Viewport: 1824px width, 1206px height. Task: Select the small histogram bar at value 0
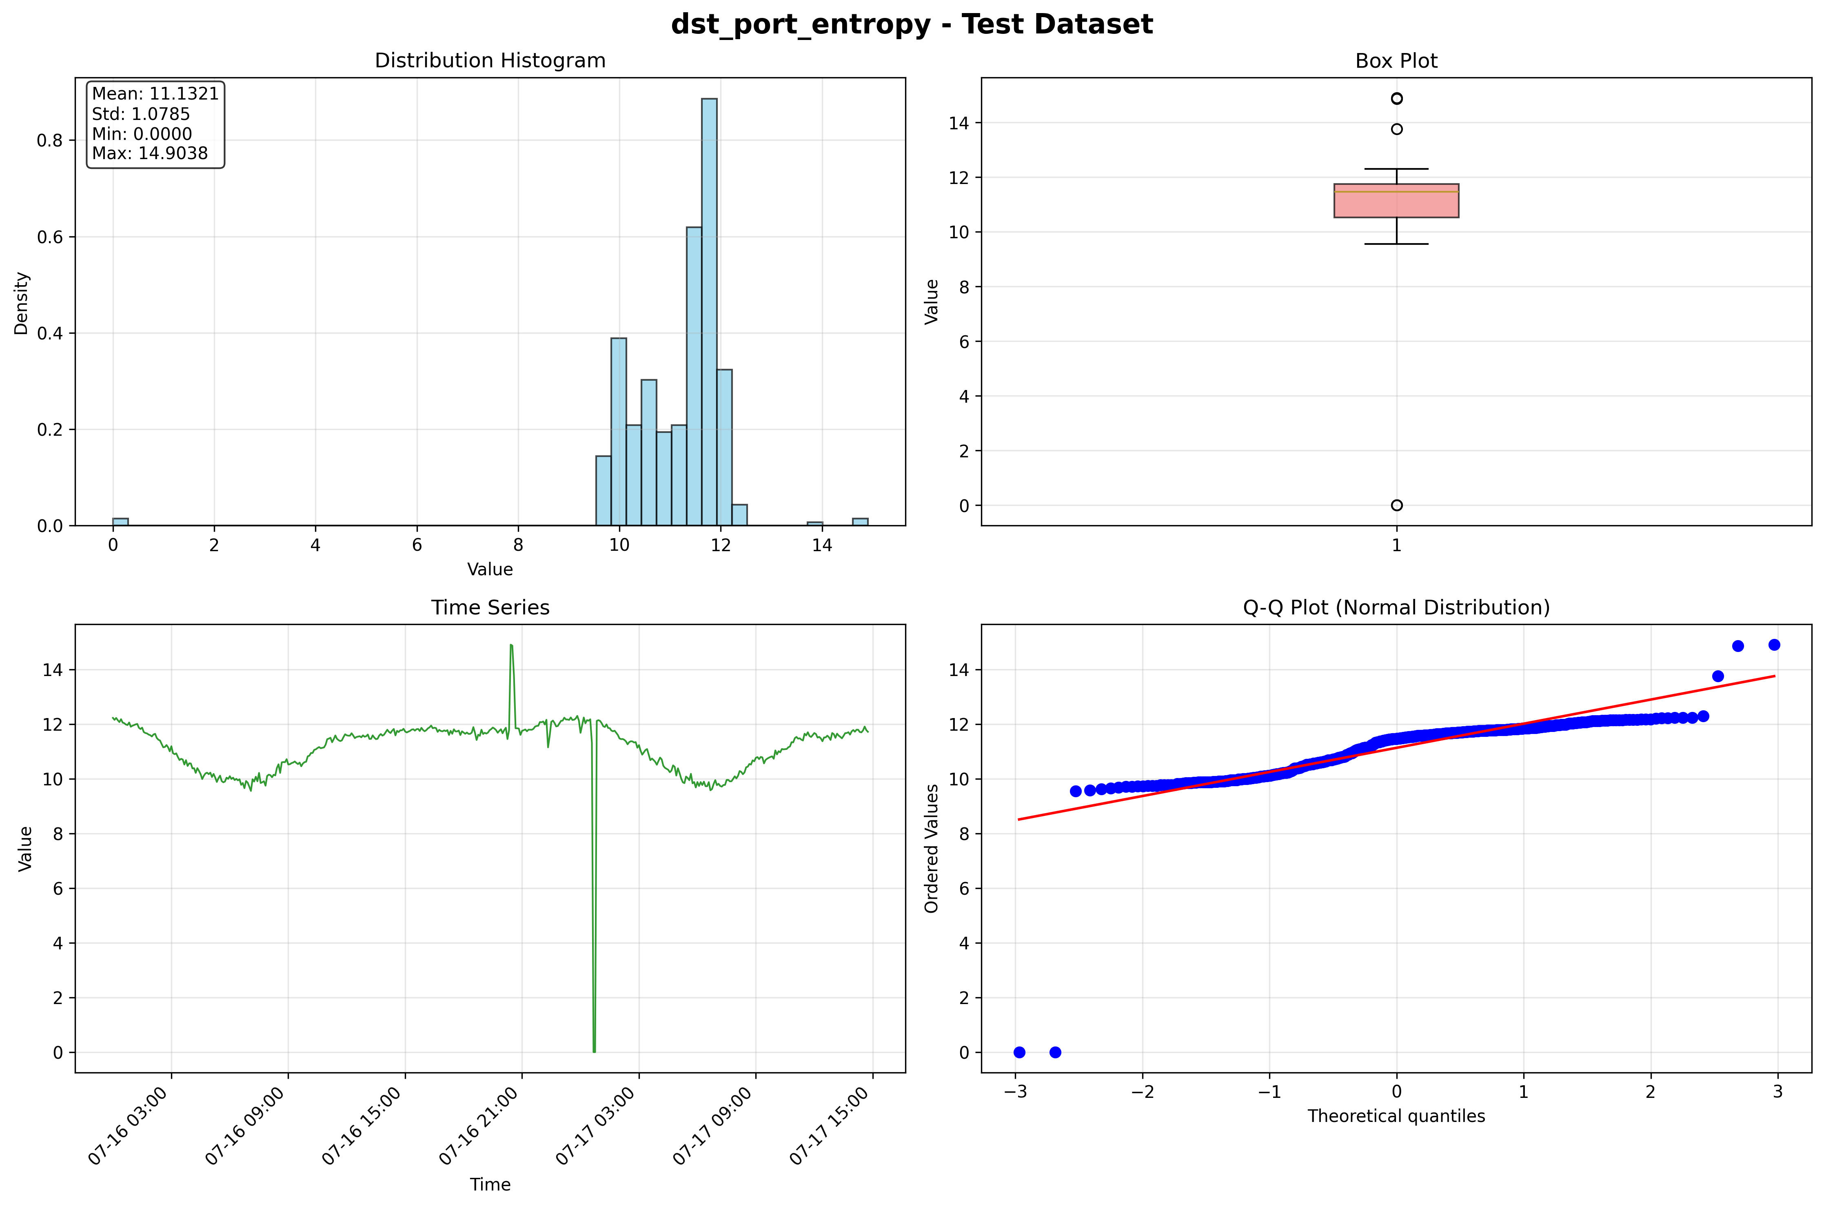(x=120, y=521)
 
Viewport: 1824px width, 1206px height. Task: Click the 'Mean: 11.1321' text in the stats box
(x=155, y=94)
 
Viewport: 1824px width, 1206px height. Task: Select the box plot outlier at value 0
(x=1396, y=505)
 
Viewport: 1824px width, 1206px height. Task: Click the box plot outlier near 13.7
(x=1396, y=129)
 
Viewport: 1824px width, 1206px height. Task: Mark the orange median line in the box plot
(x=1396, y=191)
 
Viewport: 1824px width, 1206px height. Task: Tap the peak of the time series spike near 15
(x=511, y=646)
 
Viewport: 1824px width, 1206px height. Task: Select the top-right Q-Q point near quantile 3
(x=1774, y=645)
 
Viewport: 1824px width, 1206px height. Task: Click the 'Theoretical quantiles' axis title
(x=1396, y=1116)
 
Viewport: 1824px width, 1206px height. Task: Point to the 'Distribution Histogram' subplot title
(x=490, y=61)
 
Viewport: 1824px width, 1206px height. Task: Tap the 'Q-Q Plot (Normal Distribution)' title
(x=1396, y=607)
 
